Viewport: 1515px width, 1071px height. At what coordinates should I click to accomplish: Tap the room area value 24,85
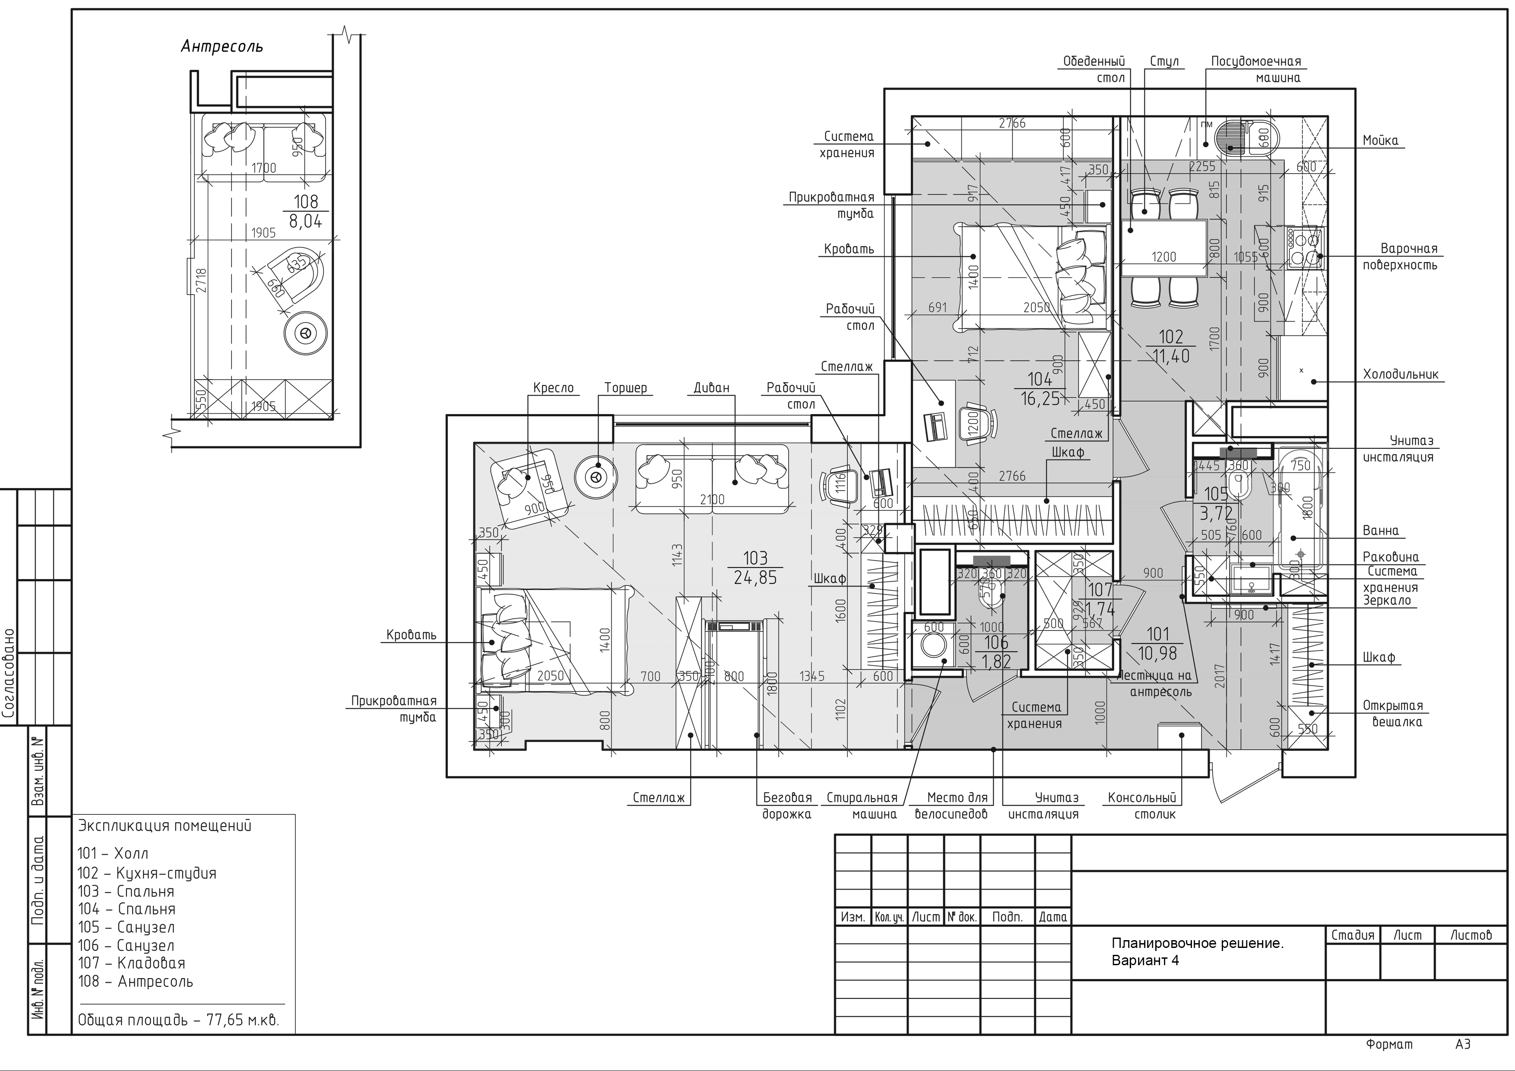(755, 578)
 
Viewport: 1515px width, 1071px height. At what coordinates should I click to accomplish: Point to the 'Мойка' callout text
(1380, 140)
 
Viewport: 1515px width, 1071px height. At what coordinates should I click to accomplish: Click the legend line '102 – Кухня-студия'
(146, 873)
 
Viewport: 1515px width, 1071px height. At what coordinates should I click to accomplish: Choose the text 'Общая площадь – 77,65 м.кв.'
(178, 1020)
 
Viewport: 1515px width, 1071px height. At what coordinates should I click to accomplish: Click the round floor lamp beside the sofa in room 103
(596, 476)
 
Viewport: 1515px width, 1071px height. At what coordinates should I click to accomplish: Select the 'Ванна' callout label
(1380, 531)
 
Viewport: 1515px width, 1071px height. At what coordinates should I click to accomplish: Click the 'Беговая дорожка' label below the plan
(786, 806)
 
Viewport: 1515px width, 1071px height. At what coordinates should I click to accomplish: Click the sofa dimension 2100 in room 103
(712, 500)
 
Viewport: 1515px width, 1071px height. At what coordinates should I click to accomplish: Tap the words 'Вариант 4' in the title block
(1145, 960)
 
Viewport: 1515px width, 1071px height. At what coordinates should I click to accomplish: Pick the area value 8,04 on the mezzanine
(305, 221)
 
